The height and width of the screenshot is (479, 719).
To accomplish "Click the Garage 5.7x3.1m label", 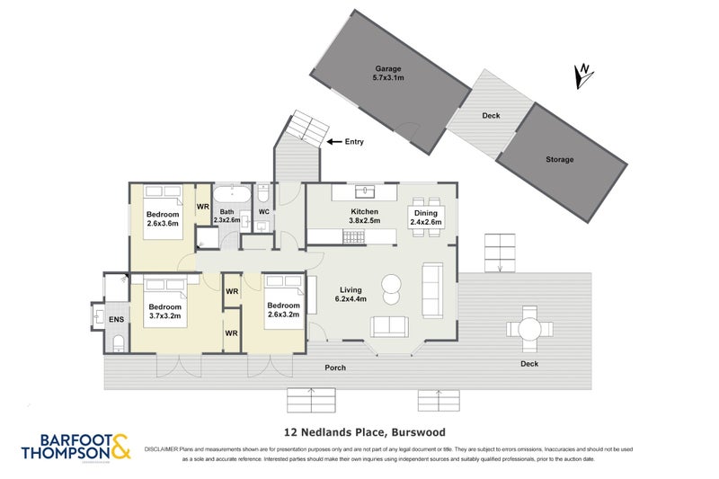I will click(388, 74).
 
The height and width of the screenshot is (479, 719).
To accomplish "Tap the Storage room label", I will click(559, 159).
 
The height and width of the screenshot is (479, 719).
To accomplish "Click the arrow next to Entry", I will click(334, 142).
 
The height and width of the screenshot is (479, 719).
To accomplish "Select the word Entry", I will click(355, 142).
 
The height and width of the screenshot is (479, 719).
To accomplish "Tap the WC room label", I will click(264, 212).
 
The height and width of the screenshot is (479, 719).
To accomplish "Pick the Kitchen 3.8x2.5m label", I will click(364, 216).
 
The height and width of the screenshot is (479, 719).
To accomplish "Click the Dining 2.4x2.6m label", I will click(426, 217).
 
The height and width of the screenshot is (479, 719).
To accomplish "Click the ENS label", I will click(116, 318).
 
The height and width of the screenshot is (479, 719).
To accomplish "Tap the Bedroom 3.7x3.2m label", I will click(165, 311).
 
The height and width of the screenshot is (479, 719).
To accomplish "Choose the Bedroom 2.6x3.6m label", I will click(163, 219).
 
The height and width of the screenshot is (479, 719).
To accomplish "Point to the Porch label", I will click(335, 367).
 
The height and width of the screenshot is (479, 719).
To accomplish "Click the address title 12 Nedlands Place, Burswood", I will click(359, 431).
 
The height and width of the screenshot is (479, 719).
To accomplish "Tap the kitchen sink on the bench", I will click(365, 191).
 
